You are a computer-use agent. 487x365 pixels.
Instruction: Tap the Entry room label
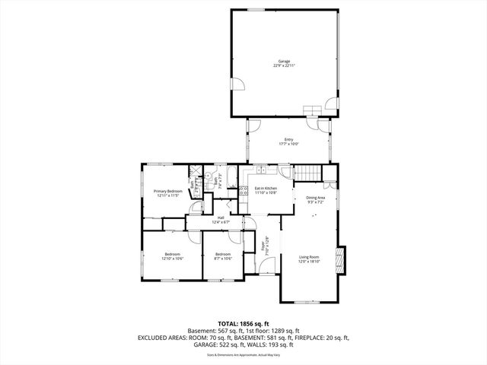click(x=288, y=141)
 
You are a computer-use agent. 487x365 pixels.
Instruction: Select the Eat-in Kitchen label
click(x=265, y=190)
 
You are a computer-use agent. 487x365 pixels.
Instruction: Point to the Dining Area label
click(x=316, y=199)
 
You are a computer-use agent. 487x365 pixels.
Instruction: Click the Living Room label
click(x=309, y=259)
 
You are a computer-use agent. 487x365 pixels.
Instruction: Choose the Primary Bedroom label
click(x=168, y=193)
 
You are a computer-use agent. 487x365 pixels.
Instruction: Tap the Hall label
click(x=221, y=220)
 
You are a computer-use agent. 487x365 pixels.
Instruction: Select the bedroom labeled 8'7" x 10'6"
click(x=223, y=256)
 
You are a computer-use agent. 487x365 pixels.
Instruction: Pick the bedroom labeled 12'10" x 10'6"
click(x=172, y=256)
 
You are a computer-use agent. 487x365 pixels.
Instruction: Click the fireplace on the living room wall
click(x=343, y=260)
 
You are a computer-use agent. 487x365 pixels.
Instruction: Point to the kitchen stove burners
click(x=243, y=192)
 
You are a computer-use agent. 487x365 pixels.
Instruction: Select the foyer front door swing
click(x=266, y=267)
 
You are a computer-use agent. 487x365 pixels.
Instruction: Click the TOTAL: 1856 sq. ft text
click(x=243, y=323)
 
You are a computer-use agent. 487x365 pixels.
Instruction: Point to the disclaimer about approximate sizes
click(x=243, y=354)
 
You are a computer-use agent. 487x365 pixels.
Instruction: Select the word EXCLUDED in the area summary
click(x=155, y=337)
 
